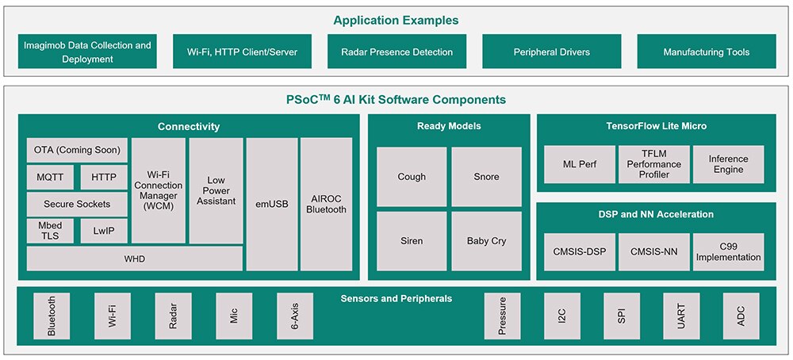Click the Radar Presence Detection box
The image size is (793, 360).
[x=397, y=52]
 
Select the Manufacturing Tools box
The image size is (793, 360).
[x=707, y=52]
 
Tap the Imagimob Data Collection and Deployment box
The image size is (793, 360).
[x=87, y=52]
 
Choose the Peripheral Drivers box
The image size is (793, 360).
[x=552, y=52]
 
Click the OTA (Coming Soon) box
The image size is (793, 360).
[x=77, y=150]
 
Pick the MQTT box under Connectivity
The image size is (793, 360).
[x=50, y=178]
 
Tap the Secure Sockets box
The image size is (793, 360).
[x=77, y=205]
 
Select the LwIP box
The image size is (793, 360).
[x=104, y=231]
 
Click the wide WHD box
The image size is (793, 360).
[x=135, y=259]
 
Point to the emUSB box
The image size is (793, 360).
[x=272, y=205]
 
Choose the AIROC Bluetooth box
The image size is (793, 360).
[x=326, y=205]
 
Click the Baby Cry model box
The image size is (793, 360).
[x=487, y=241]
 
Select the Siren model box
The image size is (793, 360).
[x=412, y=241]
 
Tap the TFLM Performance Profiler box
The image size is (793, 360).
[x=654, y=164]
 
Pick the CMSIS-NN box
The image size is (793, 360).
[x=654, y=252]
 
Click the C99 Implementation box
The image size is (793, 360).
[x=728, y=252]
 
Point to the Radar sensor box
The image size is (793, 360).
[x=173, y=316]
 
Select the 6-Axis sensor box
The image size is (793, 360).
[x=295, y=316]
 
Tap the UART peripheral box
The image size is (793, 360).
[x=681, y=316]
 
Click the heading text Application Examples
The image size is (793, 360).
[x=396, y=21]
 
